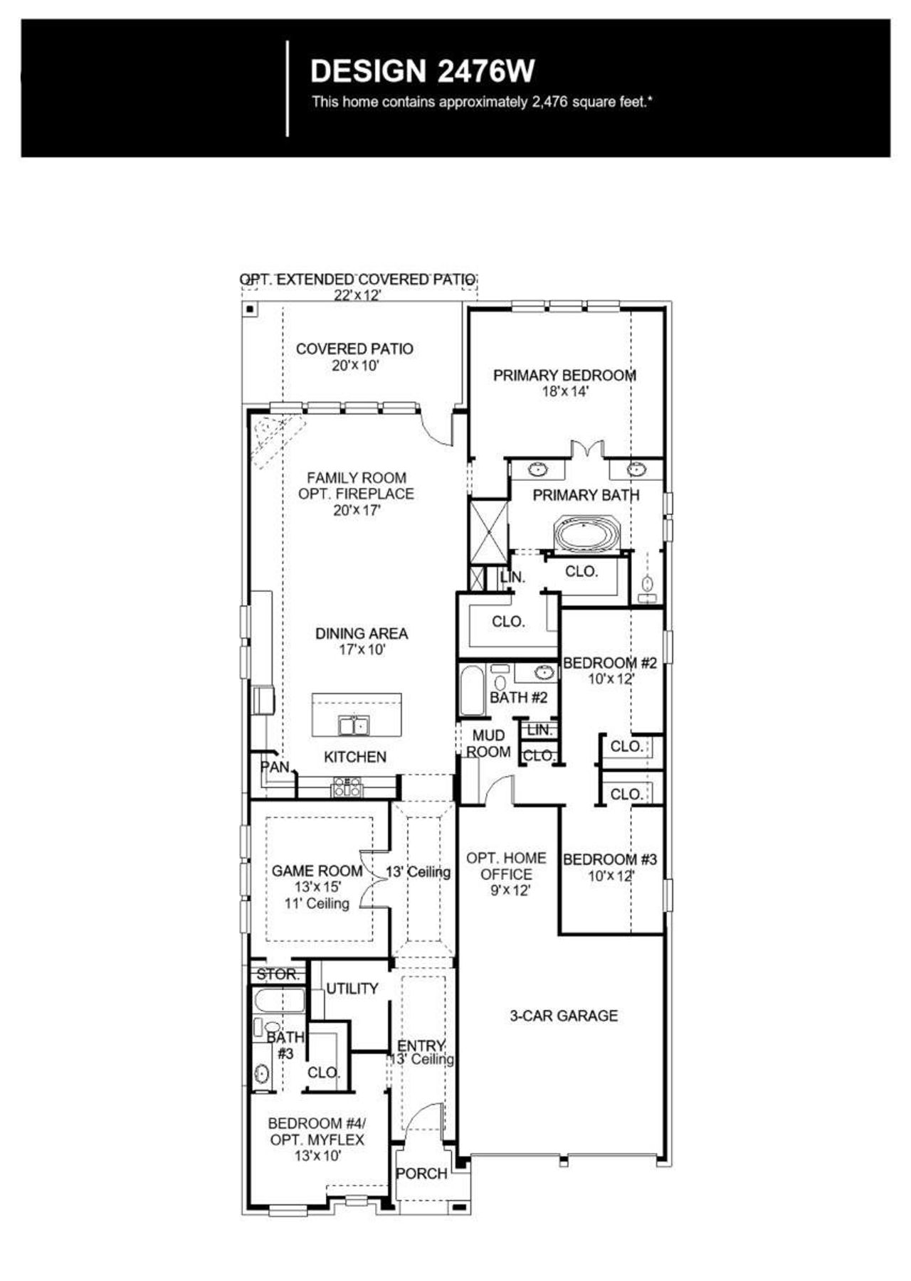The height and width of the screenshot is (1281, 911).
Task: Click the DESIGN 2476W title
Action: [x=423, y=71]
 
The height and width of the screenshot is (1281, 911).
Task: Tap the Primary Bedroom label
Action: [x=564, y=376]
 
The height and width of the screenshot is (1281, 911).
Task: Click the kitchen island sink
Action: [x=354, y=725]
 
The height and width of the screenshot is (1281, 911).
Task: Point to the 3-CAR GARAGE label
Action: [x=564, y=1016]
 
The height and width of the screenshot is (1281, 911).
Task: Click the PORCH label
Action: [x=421, y=1174]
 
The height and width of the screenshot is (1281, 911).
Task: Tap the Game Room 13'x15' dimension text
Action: [x=317, y=887]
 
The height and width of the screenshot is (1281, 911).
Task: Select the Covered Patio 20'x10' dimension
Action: [x=354, y=366]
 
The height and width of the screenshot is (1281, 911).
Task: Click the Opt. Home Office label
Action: [x=506, y=866]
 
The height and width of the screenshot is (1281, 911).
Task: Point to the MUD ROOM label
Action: [x=488, y=743]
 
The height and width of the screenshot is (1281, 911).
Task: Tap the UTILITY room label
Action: [x=352, y=989]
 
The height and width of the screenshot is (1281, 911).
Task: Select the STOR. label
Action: [x=278, y=974]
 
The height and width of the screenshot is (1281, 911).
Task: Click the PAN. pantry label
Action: [x=275, y=767]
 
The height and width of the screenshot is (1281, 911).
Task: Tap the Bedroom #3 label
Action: [x=610, y=859]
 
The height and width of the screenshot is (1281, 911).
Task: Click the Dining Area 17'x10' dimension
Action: [x=362, y=649]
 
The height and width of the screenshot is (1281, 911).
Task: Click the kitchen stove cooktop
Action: [x=347, y=787]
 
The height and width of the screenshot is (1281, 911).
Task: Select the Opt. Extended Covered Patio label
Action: [x=357, y=280]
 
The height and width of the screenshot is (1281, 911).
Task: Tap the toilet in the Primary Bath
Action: [x=647, y=585]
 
